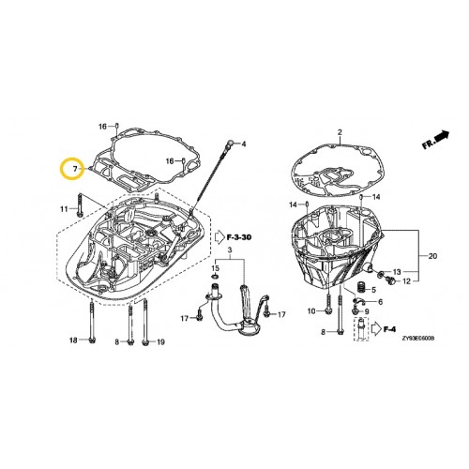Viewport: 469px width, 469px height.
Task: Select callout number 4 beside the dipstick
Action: point(242,144)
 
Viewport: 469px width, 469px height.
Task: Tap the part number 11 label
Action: point(66,207)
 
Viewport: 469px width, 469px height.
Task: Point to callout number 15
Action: point(215,269)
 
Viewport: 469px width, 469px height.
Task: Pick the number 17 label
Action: point(185,320)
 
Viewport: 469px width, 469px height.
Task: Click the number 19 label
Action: point(160,341)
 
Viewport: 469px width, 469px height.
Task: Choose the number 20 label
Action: point(432,257)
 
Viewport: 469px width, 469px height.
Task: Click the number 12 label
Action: point(406,280)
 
